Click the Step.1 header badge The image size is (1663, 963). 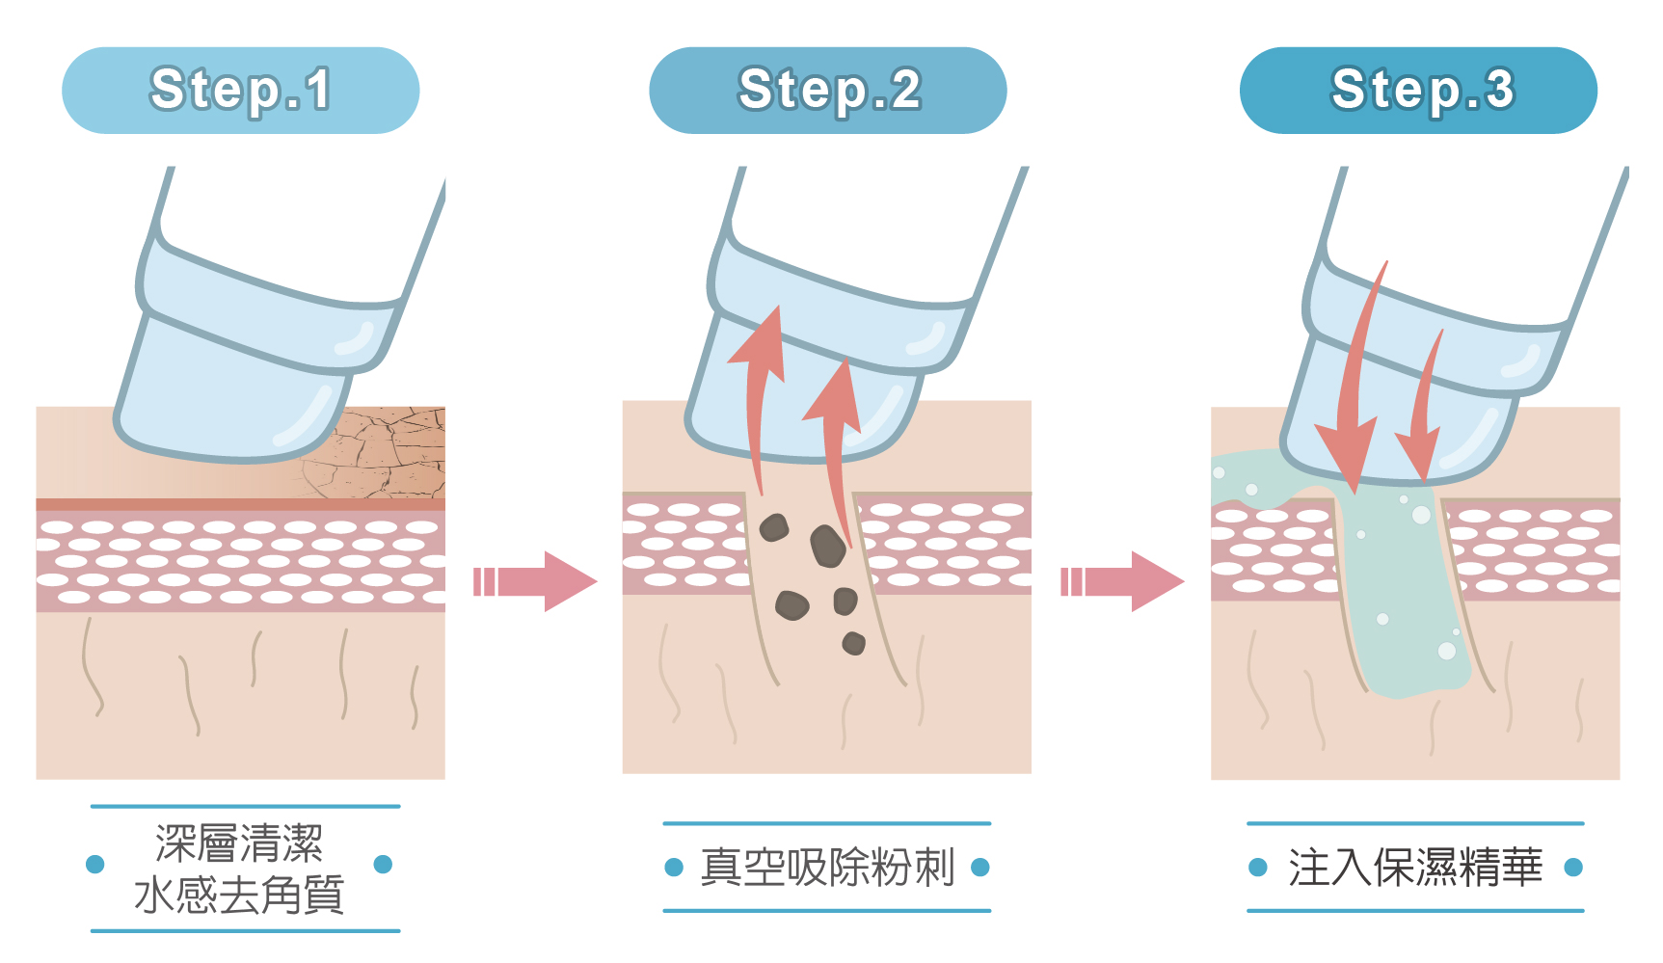pos(240,90)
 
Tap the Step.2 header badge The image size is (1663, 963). pos(828,90)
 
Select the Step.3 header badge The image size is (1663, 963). pos(1418,90)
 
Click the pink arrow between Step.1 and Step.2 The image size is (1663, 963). pos(535,581)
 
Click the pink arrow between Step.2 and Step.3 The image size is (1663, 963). pos(1122,581)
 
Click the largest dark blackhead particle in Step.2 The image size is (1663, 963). pos(827,546)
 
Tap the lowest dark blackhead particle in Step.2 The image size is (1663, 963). pos(853,643)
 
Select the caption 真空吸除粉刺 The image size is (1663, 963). pos(827,867)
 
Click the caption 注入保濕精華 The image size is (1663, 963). pos(1415,867)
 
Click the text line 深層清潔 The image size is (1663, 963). pos(239,843)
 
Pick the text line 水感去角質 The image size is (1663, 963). pos(239,895)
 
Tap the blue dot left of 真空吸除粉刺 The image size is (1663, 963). pos(674,868)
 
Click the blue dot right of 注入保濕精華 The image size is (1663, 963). pos(1573,868)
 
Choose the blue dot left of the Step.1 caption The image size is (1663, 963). pos(94,864)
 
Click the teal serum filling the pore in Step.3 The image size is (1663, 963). pos(1403,588)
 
